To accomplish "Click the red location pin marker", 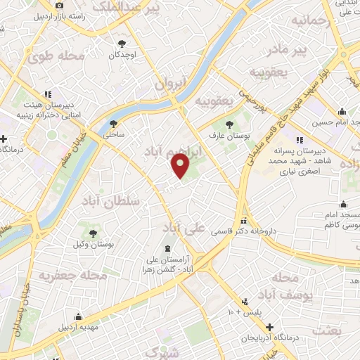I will click(181, 166).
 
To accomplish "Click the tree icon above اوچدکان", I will click(122, 43).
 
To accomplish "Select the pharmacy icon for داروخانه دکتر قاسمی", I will click(245, 219).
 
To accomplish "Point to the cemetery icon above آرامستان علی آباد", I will click(167, 248).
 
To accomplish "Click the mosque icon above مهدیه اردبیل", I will click(78, 316).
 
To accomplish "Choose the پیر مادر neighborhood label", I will click(291, 50).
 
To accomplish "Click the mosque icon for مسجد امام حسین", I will click(342, 112).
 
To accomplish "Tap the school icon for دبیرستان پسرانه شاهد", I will click(300, 140).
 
